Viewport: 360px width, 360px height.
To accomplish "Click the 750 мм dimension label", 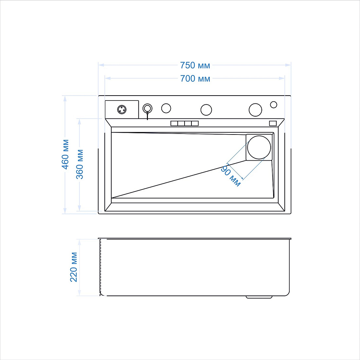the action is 195,65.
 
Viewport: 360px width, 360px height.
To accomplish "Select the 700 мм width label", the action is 195,79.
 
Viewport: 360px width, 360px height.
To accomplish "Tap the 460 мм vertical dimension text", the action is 65,154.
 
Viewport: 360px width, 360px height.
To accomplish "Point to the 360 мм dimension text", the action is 80,164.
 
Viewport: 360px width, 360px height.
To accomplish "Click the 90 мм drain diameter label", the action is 231,176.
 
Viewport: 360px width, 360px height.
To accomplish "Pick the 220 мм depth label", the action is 74,267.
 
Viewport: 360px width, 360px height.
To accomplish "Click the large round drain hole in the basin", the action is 259,147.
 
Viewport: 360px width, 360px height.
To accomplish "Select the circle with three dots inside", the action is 122,110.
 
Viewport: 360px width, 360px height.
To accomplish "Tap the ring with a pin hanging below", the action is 147,108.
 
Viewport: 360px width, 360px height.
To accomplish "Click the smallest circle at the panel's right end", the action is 274,105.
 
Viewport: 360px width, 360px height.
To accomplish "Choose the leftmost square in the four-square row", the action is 174,123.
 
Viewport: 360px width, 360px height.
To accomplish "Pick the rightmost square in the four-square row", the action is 195,123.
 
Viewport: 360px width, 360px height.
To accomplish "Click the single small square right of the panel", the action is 273,123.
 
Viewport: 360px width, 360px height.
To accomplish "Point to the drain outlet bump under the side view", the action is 259,297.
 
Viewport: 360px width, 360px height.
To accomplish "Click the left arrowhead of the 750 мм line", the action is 101,65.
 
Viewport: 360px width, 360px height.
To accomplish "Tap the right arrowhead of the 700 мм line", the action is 282,78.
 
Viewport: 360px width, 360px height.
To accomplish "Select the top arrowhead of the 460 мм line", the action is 65,99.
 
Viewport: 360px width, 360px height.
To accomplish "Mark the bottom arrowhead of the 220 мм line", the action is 79,293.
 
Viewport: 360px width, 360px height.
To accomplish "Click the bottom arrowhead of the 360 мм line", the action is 79,208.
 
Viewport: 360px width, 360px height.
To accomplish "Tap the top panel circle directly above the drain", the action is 255,110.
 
